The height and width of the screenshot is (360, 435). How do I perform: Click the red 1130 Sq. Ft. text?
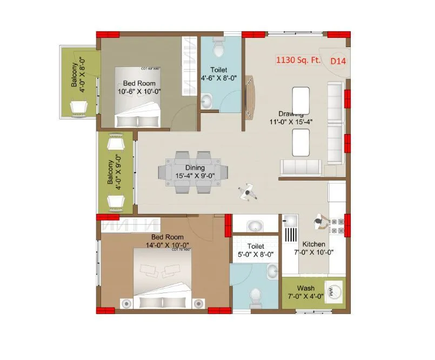pyautogui.click(x=298, y=61)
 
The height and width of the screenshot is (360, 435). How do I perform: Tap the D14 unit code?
pyautogui.click(x=338, y=61)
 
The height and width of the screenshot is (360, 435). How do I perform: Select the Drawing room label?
pyautogui.click(x=291, y=114)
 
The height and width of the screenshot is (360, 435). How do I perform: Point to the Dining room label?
pyautogui.click(x=195, y=168)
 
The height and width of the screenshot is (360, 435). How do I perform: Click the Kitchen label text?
pyautogui.click(x=313, y=244)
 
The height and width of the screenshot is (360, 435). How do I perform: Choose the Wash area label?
pyautogui.click(x=306, y=288)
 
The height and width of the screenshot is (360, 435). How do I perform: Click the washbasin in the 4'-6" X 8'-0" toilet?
pyautogui.click(x=207, y=101)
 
